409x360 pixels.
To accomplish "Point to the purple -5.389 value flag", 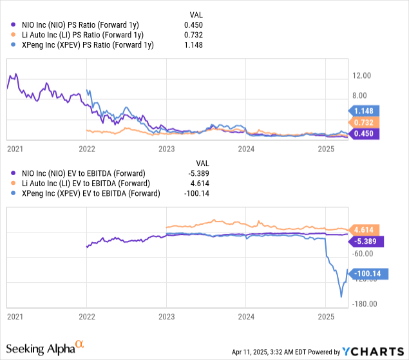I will point(365,242).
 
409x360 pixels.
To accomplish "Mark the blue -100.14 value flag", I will point(366,274).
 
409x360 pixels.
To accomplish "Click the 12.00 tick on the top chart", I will point(359,75).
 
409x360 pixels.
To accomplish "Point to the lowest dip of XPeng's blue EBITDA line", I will point(341,297).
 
